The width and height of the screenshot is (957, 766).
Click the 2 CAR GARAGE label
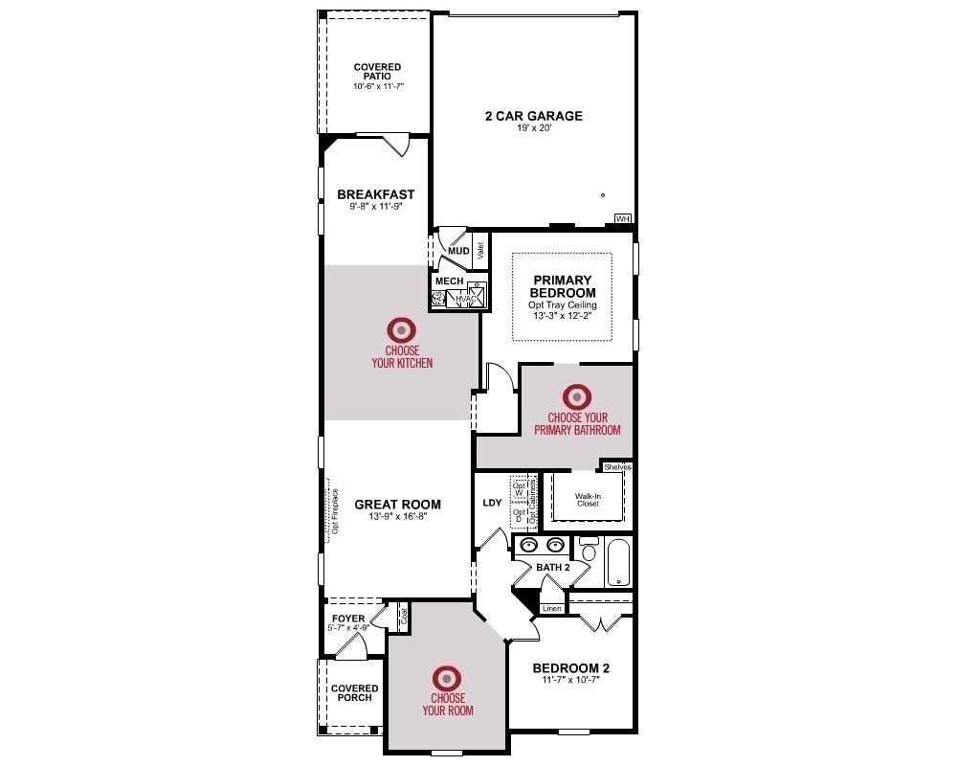(x=533, y=116)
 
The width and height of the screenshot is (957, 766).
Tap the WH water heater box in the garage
(x=623, y=219)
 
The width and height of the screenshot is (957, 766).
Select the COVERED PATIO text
(x=377, y=73)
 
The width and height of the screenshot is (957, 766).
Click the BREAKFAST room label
(x=375, y=194)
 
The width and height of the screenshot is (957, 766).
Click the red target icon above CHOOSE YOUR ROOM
(x=447, y=678)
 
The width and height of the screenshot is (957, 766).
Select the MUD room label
(x=458, y=251)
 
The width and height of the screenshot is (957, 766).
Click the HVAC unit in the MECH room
(x=466, y=298)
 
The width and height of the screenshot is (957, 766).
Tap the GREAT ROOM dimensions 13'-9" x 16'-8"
(x=397, y=516)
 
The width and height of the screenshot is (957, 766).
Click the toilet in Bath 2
(x=590, y=552)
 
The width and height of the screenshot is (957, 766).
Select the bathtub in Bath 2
(x=619, y=562)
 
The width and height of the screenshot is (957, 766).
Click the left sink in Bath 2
(x=529, y=547)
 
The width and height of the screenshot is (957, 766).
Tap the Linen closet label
(x=551, y=608)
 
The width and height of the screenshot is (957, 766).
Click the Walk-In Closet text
(x=587, y=500)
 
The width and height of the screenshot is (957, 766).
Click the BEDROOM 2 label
(x=570, y=667)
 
